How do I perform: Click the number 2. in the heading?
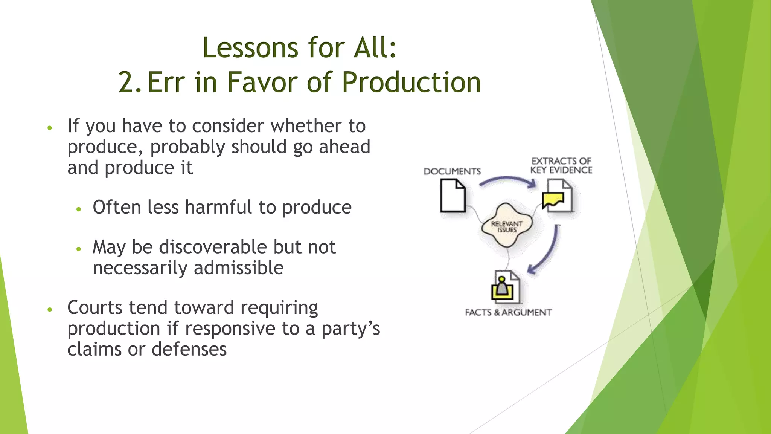pyautogui.click(x=130, y=82)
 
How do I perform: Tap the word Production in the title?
pyautogui.click(x=411, y=82)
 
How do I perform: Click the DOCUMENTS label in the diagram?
pyautogui.click(x=452, y=171)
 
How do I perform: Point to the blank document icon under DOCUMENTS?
pyautogui.click(x=453, y=196)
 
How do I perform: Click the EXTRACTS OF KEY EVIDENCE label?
pyautogui.click(x=561, y=166)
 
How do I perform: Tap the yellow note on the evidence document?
pyautogui.click(x=553, y=200)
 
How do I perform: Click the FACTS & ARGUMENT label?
pyautogui.click(x=508, y=312)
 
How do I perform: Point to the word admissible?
pyautogui.click(x=239, y=268)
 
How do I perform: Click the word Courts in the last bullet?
pyautogui.click(x=95, y=307)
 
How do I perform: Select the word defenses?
pyautogui.click(x=189, y=349)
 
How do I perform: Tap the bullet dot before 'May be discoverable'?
pyautogui.click(x=79, y=249)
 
